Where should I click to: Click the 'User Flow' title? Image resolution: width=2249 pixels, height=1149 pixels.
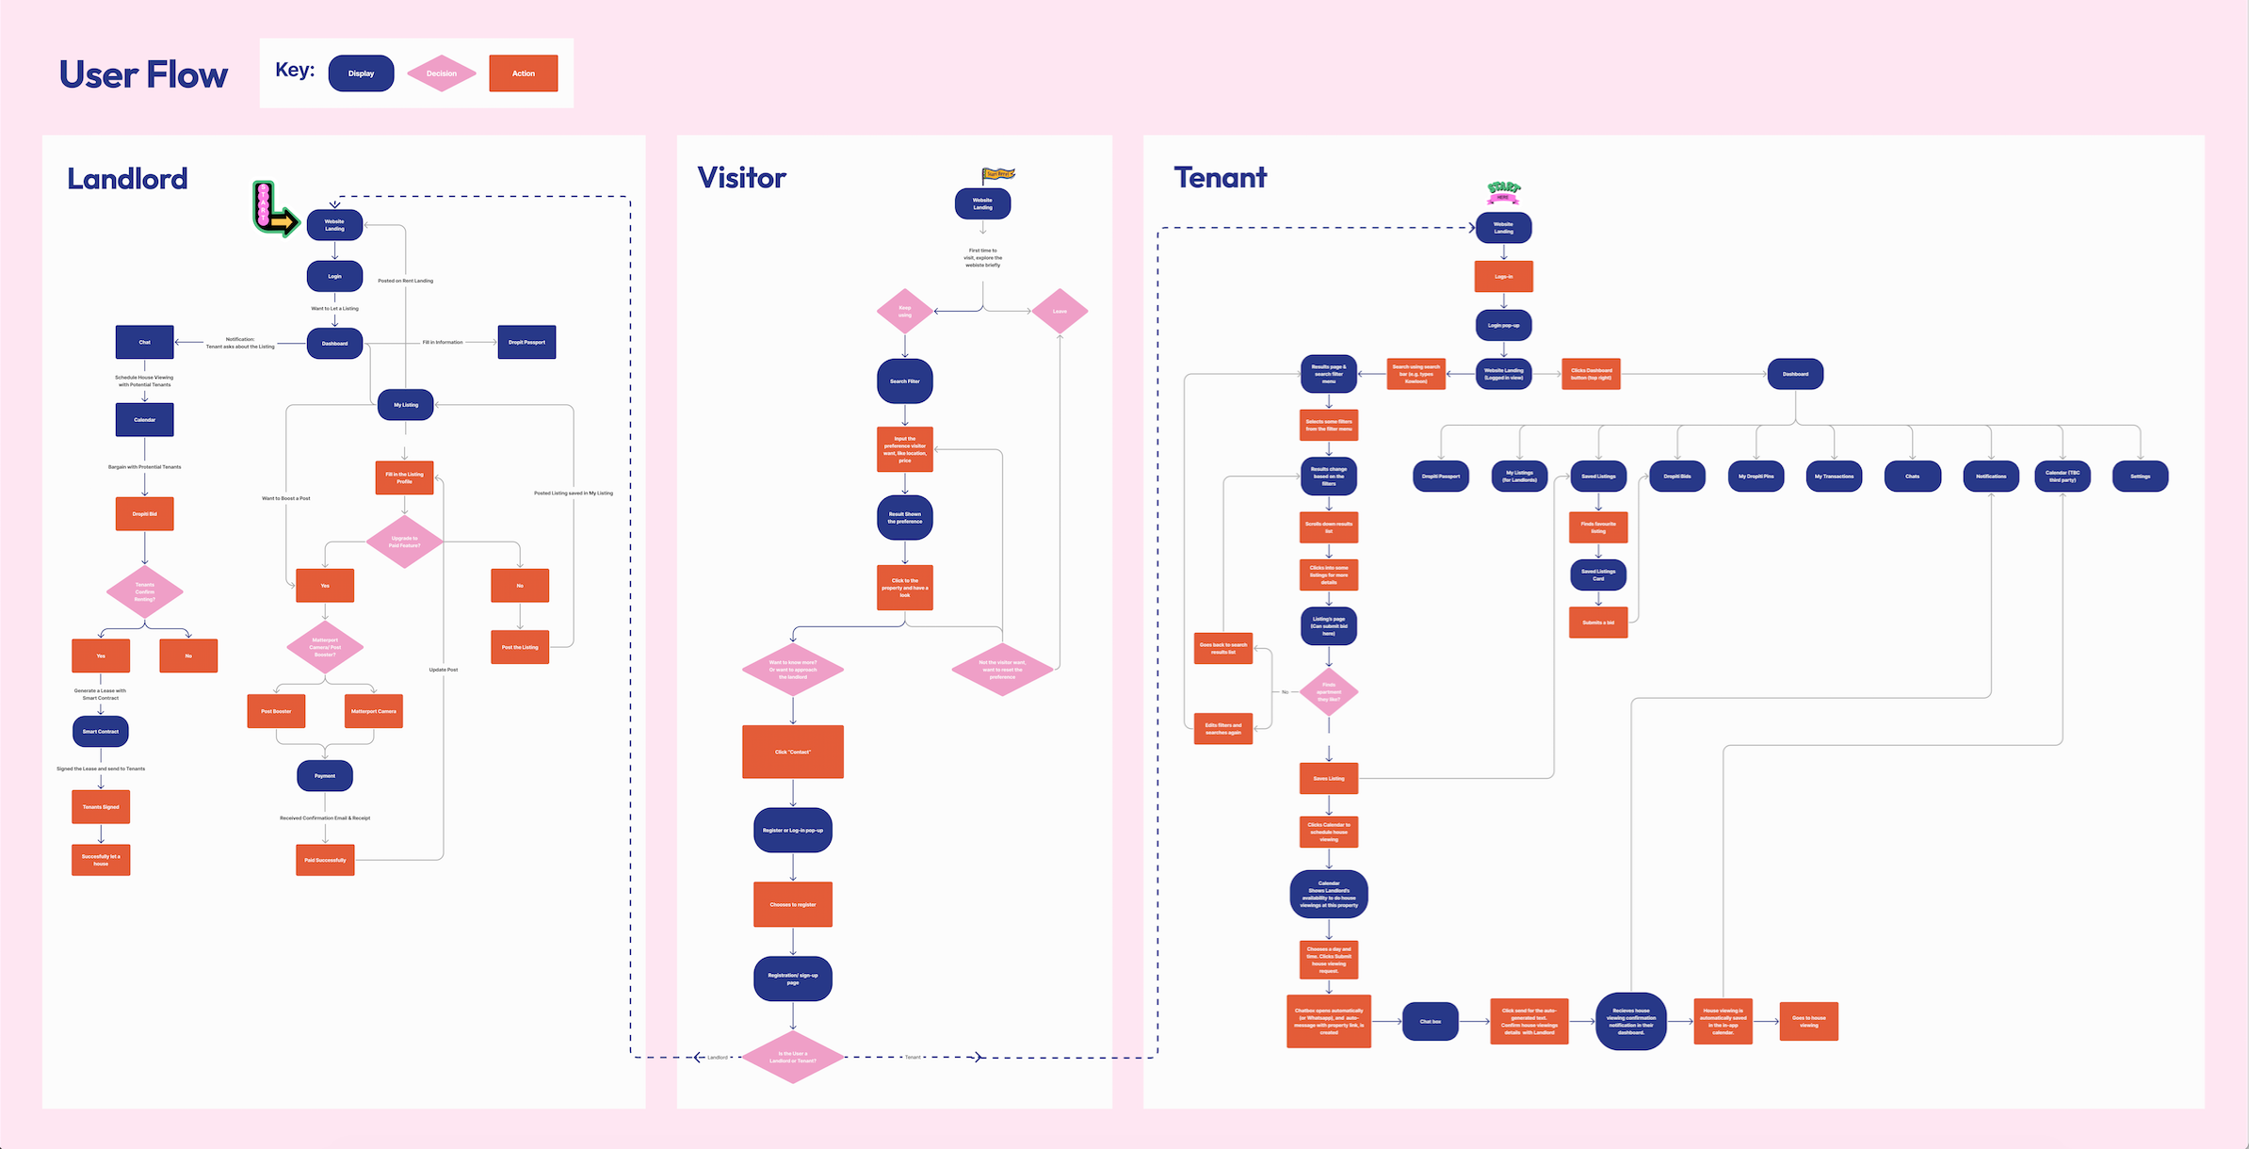pos(143,74)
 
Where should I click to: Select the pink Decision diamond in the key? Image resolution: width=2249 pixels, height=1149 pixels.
pos(441,73)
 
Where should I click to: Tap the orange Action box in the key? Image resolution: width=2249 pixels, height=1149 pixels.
pos(523,73)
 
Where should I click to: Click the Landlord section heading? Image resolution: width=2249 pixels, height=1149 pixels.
pos(127,179)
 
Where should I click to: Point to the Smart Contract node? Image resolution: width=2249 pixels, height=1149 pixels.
pos(101,731)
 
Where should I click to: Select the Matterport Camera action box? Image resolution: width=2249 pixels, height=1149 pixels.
pos(374,711)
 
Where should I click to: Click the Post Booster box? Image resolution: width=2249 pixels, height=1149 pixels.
pos(276,711)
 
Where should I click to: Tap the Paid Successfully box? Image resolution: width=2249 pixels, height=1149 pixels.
pos(325,860)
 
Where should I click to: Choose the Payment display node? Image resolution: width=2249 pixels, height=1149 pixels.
pos(325,776)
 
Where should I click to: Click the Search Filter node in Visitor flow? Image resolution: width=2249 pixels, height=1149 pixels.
pos(905,381)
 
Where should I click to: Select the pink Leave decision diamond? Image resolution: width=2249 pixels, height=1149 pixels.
pos(1060,311)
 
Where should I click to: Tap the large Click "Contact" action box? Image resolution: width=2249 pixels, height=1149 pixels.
pos(793,752)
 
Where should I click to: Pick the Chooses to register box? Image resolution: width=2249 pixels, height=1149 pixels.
pos(793,904)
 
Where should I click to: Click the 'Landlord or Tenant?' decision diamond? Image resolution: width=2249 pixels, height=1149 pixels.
pos(793,1057)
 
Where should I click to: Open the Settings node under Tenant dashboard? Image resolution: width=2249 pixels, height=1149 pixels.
pos(2140,476)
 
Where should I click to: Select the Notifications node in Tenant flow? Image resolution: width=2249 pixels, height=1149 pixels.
pos(1991,476)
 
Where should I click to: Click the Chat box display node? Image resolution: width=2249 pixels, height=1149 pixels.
pos(1430,1021)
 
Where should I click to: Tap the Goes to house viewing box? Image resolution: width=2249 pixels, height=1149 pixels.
pos(1808,1021)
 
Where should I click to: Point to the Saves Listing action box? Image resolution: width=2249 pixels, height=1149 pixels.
pos(1329,778)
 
